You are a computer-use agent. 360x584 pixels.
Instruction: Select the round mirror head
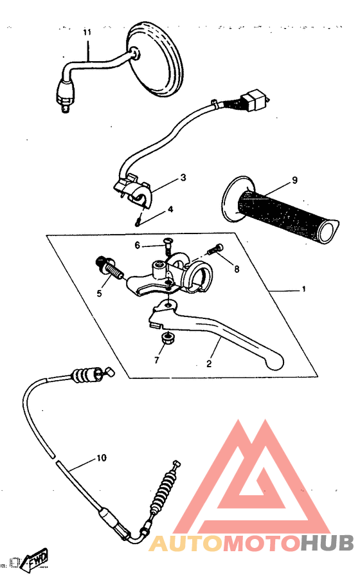tap(156, 59)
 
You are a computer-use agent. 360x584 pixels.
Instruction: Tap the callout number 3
tap(183, 177)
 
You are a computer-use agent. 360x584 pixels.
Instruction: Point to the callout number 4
tap(170, 209)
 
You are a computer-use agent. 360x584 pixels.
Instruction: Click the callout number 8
tap(237, 269)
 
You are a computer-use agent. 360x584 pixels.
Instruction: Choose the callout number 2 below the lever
tap(209, 363)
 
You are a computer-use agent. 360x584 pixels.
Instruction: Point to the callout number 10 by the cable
tap(101, 459)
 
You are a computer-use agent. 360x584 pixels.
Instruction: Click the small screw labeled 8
tap(217, 249)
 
